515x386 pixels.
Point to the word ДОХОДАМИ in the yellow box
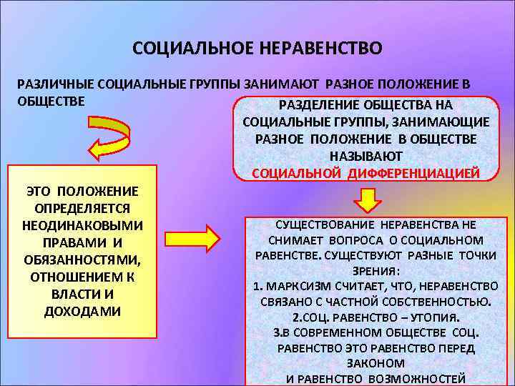82,311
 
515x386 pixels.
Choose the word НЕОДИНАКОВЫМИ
82,225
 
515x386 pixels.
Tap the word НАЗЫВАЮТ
366,156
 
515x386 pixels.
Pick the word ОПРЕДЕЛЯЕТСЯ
82,208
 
